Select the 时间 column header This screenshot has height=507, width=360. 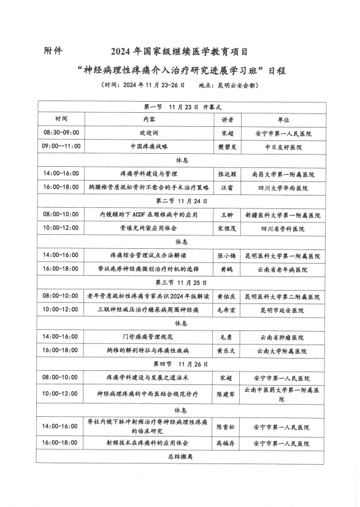(61, 119)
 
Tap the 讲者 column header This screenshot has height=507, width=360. (228, 119)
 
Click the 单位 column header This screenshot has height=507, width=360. (283, 119)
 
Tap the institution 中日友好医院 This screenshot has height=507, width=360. (283, 147)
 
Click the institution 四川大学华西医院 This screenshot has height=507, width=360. (283, 188)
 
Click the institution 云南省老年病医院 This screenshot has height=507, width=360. (283, 269)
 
